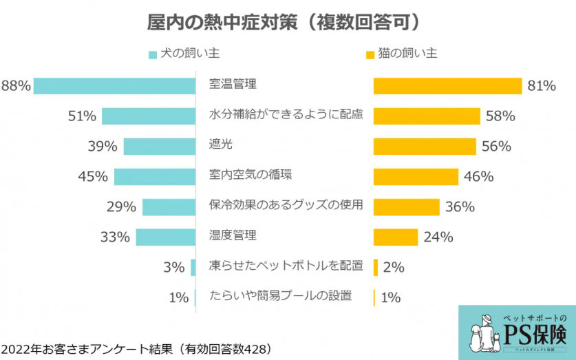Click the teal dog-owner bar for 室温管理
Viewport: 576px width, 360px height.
pyautogui.click(x=114, y=86)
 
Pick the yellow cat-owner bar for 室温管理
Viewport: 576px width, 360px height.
pyautogui.click(x=447, y=86)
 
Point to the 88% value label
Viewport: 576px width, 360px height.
pyautogui.click(x=16, y=86)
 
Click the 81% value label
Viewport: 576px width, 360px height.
pyautogui.click(x=542, y=86)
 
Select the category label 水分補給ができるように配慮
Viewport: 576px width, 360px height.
pyautogui.click(x=286, y=115)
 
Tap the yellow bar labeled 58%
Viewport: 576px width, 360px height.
pyautogui.click(x=427, y=116)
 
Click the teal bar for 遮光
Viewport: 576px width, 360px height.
pyautogui.click(x=160, y=146)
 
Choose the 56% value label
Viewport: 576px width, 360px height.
pyautogui.click(x=495, y=146)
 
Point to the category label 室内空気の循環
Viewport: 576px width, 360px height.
pyautogui.click(x=250, y=175)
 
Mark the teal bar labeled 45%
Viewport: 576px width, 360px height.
pyautogui.click(x=155, y=176)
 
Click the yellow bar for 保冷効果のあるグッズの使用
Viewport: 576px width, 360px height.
pyautogui.click(x=406, y=207)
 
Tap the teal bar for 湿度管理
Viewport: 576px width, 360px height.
pyautogui.click(x=166, y=237)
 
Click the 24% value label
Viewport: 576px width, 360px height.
pyautogui.click(x=438, y=237)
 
